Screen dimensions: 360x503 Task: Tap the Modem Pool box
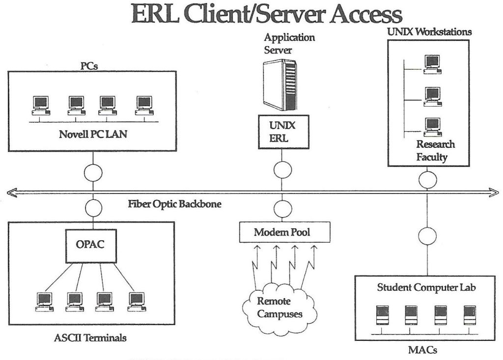(282, 232)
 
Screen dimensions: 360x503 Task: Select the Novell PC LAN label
(92, 134)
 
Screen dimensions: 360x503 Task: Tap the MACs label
(422, 351)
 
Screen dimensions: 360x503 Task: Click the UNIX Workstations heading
(429, 31)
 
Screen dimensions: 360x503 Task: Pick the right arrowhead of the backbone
(493, 194)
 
